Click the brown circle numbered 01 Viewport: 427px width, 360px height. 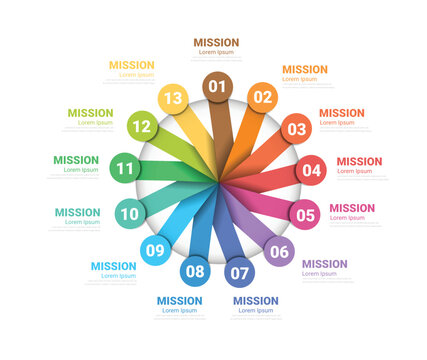tap(218, 86)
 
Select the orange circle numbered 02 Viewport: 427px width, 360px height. tap(262, 97)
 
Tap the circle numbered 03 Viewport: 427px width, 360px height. tap(296, 128)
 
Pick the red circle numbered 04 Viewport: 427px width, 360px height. tap(312, 170)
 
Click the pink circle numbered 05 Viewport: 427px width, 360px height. tap(305, 214)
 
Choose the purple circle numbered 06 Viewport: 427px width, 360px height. tap(279, 251)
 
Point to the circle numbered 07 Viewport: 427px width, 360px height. tap(240, 271)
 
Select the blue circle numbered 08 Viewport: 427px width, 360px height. tap(195, 271)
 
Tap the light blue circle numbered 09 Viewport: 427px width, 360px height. tap(155, 250)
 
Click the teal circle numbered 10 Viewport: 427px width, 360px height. tap(130, 213)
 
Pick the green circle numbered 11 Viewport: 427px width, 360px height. tap(124, 169)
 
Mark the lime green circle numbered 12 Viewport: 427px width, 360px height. tap(141, 127)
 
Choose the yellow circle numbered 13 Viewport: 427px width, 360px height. tap(173, 98)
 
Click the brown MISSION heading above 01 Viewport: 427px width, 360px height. tap(216, 43)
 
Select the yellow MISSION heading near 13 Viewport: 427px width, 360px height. tap(131, 65)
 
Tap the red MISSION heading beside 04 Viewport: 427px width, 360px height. tap(359, 161)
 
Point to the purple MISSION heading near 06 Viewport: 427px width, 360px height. tap(325, 264)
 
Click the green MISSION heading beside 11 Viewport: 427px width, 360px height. tap(76, 160)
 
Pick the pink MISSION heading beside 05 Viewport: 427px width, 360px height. tap(352, 208)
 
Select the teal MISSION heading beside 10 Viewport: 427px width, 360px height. tap(77, 212)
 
